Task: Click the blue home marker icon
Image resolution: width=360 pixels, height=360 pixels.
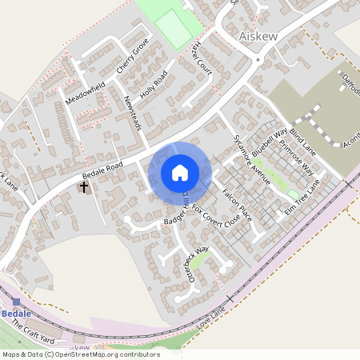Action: click(x=180, y=173)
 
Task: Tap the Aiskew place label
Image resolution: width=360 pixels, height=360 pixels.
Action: click(x=258, y=36)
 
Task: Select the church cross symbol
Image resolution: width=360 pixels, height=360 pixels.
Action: click(x=83, y=187)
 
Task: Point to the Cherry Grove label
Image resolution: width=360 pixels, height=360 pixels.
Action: click(x=133, y=59)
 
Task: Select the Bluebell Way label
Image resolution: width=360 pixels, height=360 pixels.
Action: click(x=270, y=142)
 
